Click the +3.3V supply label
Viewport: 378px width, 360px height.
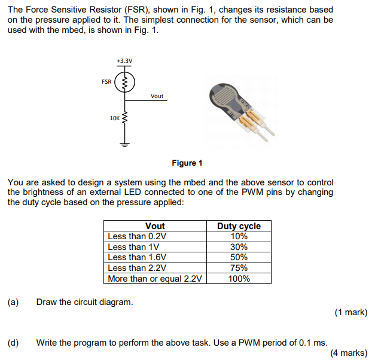[x=125, y=61]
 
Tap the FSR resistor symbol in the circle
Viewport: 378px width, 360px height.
[x=125, y=83]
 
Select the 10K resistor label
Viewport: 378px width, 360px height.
[x=114, y=118]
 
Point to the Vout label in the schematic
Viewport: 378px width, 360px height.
[x=157, y=96]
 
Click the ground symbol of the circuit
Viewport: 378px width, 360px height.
[x=125, y=144]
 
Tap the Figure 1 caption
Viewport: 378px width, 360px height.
[x=187, y=163]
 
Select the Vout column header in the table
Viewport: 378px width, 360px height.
[x=155, y=225]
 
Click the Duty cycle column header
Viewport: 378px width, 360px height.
[x=239, y=225]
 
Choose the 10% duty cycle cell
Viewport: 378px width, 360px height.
[x=239, y=236]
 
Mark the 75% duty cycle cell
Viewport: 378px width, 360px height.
[x=239, y=268]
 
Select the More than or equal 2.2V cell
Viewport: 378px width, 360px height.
[x=155, y=279]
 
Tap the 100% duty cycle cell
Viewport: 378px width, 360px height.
[x=239, y=279]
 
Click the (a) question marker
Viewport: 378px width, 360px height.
[x=13, y=302]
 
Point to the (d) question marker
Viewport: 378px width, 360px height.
[x=13, y=343]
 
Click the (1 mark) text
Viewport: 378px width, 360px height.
[x=350, y=312]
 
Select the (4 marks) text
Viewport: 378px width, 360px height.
[x=349, y=353]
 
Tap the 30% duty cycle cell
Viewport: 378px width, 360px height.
[x=239, y=247]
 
